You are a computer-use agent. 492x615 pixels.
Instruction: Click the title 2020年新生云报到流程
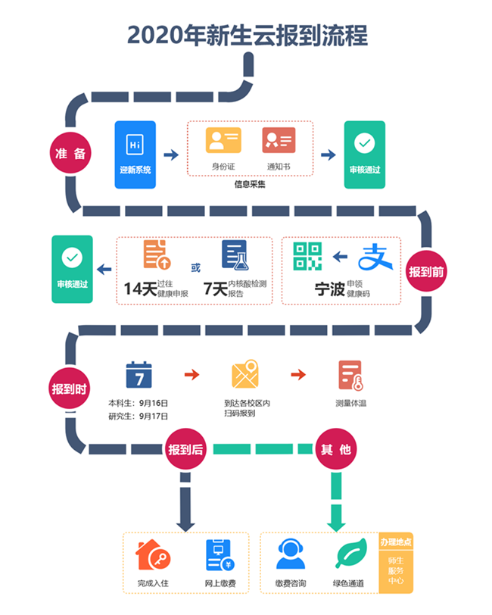coord(246,35)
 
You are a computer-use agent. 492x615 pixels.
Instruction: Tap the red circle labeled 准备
coord(70,153)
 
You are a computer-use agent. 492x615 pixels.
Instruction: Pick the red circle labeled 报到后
coord(185,449)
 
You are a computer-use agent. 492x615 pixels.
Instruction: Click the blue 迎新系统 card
coord(135,155)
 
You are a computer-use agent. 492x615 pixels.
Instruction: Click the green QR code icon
coord(307,257)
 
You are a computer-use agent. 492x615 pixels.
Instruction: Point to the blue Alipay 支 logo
coord(375,258)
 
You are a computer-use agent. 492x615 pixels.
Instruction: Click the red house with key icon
coord(151,555)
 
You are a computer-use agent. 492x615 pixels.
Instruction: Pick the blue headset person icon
coord(290,555)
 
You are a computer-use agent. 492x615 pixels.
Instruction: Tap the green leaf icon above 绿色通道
coord(350,555)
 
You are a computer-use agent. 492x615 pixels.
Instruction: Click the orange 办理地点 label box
coord(397,542)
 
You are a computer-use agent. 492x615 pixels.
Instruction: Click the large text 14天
coord(141,288)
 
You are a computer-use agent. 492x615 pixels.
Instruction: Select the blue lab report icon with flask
coord(235,255)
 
